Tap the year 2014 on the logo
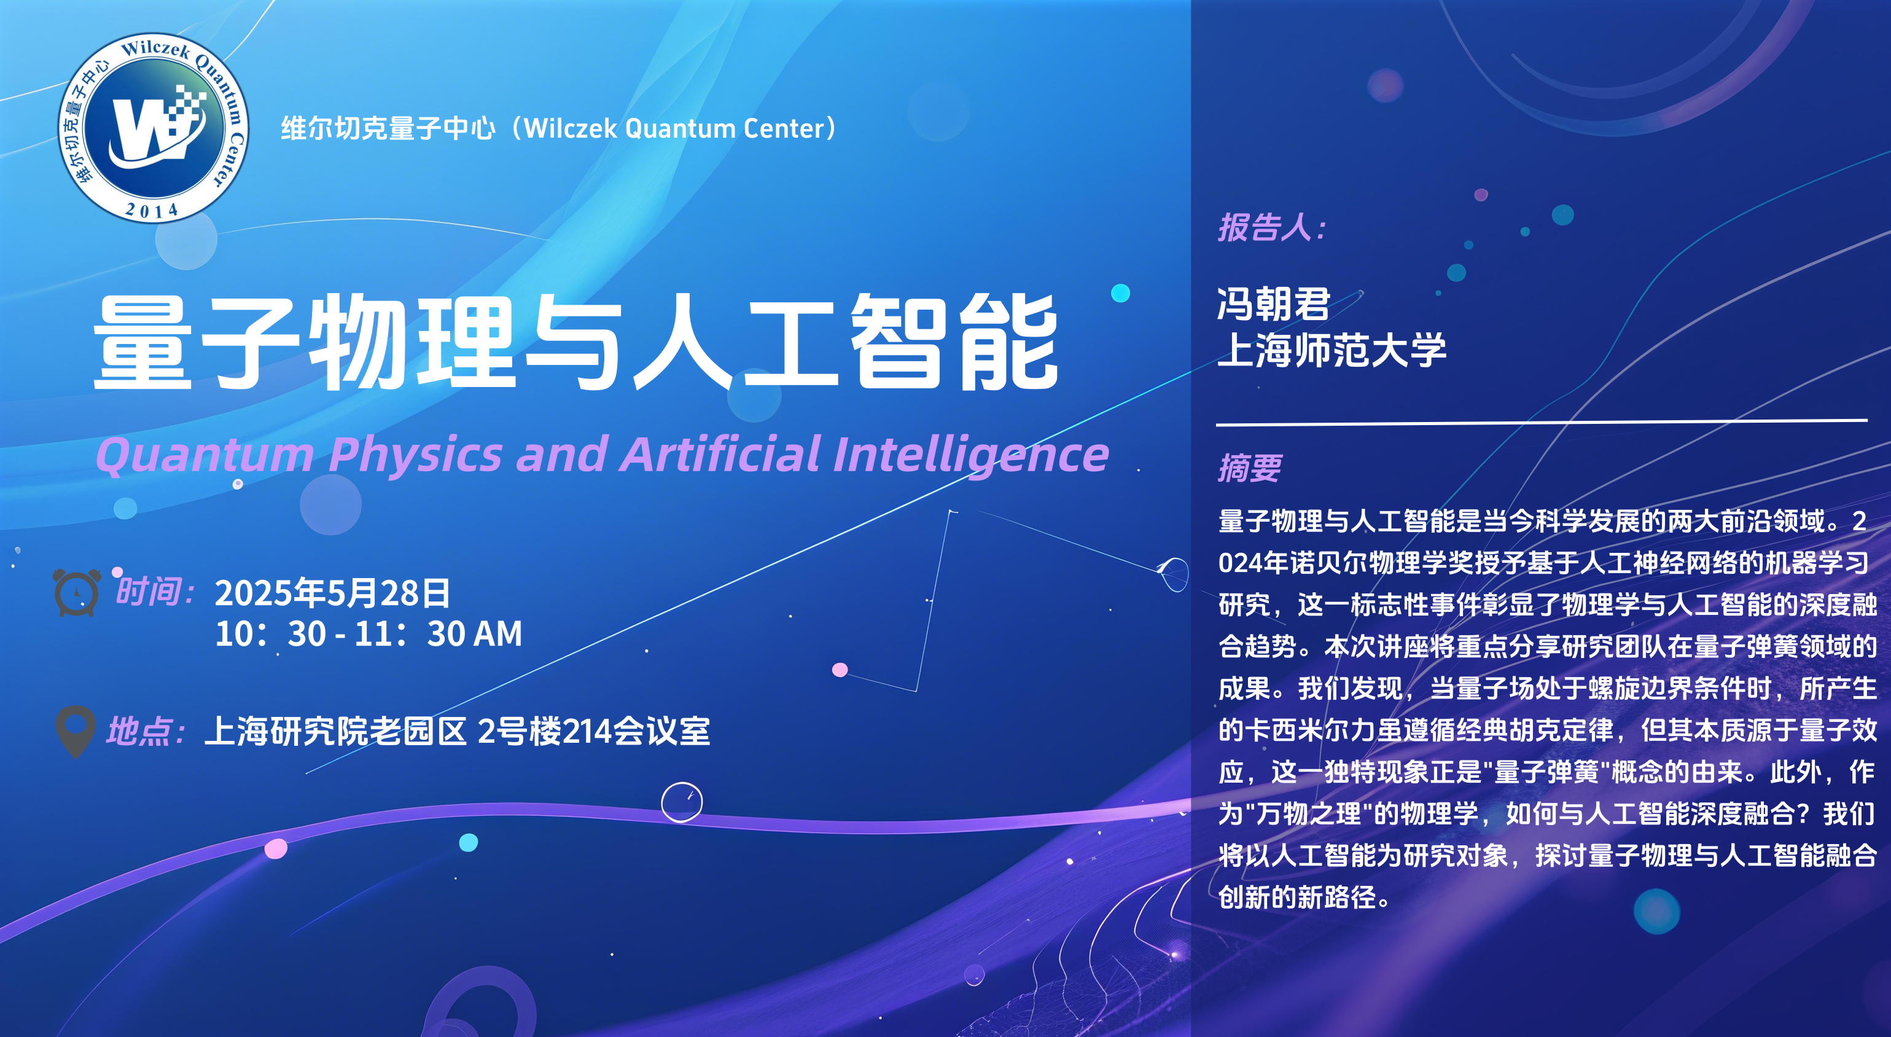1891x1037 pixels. pyautogui.click(x=152, y=211)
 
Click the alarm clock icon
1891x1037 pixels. pyautogui.click(x=76, y=592)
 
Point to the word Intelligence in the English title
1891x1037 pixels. pyautogui.click(x=971, y=455)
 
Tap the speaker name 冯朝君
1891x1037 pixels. pyautogui.click(x=1274, y=303)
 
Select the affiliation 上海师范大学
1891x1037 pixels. pyautogui.click(x=1331, y=350)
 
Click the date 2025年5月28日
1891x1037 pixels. pyautogui.click(x=332, y=593)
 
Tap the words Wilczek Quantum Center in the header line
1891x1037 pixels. pyautogui.click(x=674, y=128)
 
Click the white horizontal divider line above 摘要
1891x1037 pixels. pyautogui.click(x=1542, y=422)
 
